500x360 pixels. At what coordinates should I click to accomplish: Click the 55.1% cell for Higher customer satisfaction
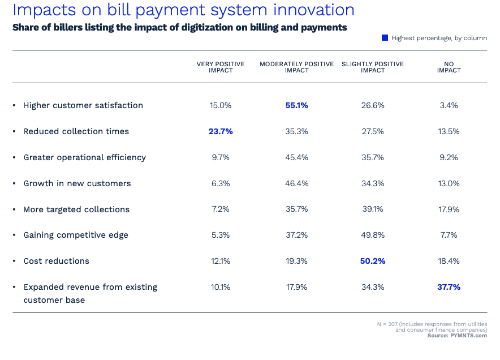coord(297,105)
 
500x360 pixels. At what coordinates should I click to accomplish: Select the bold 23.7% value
coord(221,131)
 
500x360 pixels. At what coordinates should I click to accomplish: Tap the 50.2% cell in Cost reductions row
coord(373,261)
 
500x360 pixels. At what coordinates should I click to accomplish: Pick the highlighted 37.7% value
coord(449,287)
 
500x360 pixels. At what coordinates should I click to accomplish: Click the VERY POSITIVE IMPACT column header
coord(221,67)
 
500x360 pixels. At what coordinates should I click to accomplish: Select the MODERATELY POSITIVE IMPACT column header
coord(297,67)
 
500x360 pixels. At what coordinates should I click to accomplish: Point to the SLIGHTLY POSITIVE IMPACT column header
coord(373,67)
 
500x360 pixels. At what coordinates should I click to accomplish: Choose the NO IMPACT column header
coord(449,67)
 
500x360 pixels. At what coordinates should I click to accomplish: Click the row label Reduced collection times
coord(76,131)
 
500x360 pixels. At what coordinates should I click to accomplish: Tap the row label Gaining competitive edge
coord(76,235)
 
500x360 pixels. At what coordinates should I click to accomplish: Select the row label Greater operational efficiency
coord(85,157)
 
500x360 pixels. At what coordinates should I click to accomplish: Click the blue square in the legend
coord(385,38)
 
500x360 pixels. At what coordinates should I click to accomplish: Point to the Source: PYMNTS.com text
coord(457,336)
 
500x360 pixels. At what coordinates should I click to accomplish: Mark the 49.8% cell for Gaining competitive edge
coord(373,235)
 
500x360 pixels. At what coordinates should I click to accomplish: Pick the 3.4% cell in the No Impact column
coord(449,105)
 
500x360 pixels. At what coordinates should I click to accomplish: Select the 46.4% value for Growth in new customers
coord(297,183)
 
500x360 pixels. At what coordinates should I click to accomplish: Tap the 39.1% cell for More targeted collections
coord(373,209)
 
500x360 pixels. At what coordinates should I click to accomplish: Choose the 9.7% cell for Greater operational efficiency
coord(221,157)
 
